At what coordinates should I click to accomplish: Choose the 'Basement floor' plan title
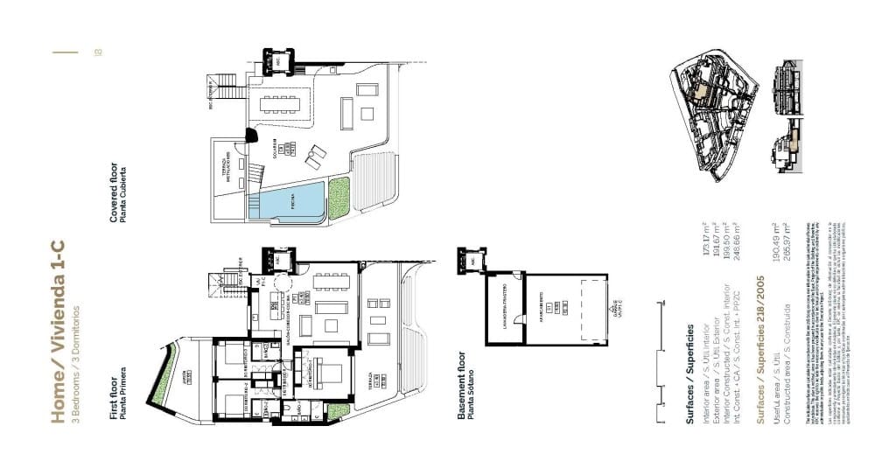point(463,385)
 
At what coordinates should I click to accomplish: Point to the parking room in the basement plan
point(565,305)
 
